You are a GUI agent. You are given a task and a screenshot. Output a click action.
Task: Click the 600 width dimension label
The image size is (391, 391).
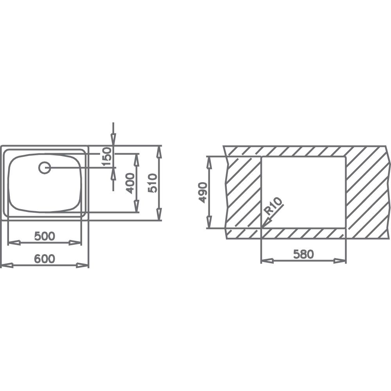pyautogui.click(x=45, y=258)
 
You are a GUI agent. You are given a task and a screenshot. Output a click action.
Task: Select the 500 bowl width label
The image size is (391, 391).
pyautogui.click(x=45, y=236)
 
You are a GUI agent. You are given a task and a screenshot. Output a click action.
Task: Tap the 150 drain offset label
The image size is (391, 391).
pyautogui.click(x=106, y=157)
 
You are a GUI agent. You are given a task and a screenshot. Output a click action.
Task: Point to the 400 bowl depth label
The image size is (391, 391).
pyautogui.click(x=130, y=183)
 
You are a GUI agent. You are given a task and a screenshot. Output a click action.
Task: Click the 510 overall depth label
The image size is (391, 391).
pyautogui.click(x=152, y=183)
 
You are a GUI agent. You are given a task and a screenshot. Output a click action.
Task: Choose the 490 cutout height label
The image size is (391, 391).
pyautogui.click(x=203, y=192)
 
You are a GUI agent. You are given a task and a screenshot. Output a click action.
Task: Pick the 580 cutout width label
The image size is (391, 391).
pyautogui.click(x=303, y=254)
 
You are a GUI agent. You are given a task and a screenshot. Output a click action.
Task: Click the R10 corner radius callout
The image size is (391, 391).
pyautogui.click(x=274, y=206)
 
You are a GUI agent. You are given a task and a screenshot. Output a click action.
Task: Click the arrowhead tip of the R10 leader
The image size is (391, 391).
pyautogui.click(x=262, y=228)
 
